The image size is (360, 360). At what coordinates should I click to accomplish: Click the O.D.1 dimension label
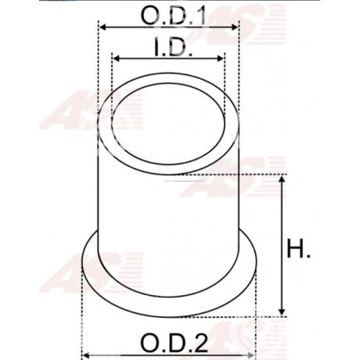tap(173, 16)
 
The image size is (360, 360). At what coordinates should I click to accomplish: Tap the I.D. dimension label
tap(173, 47)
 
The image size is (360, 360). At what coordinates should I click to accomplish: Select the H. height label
tap(299, 248)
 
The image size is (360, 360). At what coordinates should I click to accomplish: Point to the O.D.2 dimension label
tap(175, 343)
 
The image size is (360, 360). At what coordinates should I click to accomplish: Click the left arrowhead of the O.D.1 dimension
tap(103, 27)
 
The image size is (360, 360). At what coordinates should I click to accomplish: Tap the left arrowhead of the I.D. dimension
tap(117, 59)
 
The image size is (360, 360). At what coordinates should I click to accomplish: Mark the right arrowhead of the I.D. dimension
tap(221, 59)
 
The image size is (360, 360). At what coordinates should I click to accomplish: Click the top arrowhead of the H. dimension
tap(282, 179)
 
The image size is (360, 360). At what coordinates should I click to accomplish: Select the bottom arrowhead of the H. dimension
tap(282, 311)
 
